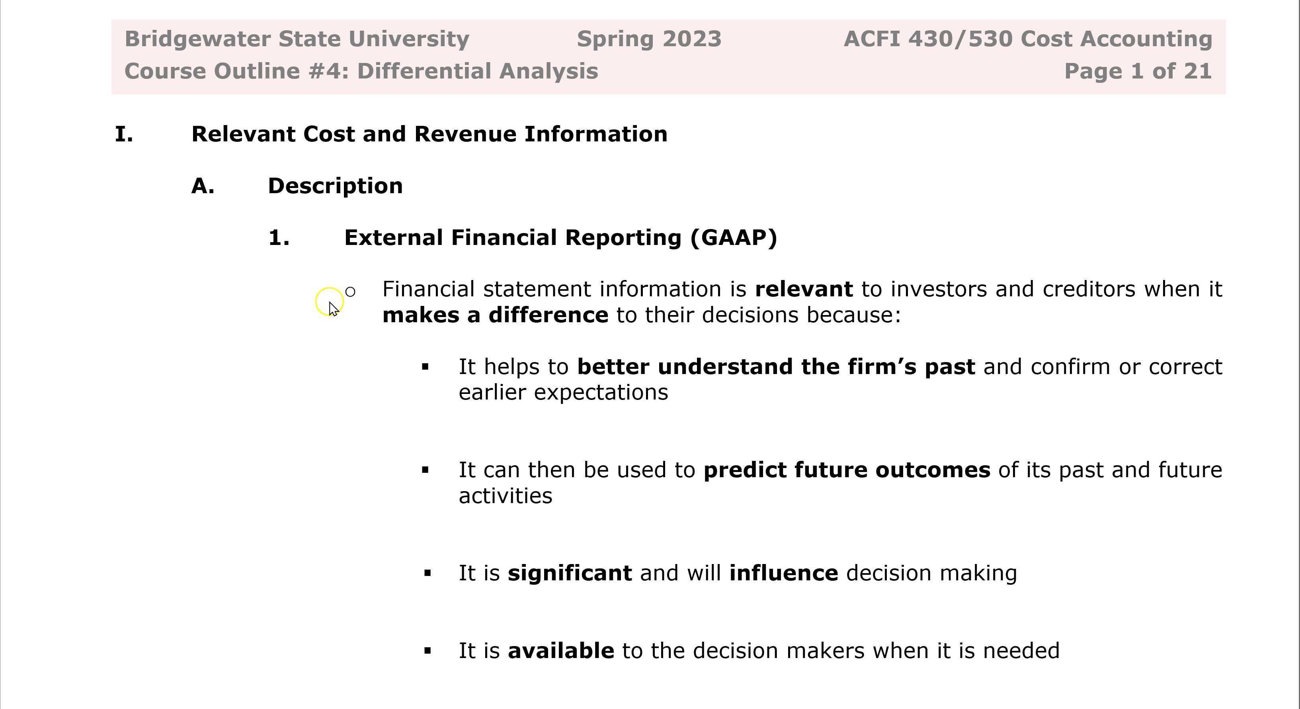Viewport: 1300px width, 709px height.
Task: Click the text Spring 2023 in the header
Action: point(649,39)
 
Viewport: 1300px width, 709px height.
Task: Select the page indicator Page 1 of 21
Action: point(1138,71)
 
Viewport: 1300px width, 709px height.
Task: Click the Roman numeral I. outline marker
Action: point(124,134)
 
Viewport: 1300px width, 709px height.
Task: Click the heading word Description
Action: point(335,186)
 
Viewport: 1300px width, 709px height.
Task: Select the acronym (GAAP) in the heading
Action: point(734,238)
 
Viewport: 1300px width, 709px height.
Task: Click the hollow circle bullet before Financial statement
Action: point(350,292)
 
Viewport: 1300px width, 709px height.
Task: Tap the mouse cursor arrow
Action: point(333,309)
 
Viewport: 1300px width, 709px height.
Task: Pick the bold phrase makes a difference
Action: point(495,315)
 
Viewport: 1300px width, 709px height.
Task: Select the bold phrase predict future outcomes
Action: point(846,470)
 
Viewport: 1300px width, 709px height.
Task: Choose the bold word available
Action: point(561,651)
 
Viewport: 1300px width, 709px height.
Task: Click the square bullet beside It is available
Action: point(428,651)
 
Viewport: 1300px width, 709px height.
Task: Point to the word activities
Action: point(505,496)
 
